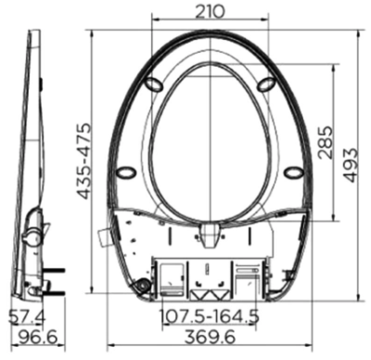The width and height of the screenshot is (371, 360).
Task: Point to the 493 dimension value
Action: [x=352, y=161]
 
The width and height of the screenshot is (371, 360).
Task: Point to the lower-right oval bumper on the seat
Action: [x=292, y=172]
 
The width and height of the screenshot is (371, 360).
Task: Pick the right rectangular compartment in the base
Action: [x=247, y=276]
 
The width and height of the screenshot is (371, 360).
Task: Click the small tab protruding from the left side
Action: [x=103, y=236]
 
